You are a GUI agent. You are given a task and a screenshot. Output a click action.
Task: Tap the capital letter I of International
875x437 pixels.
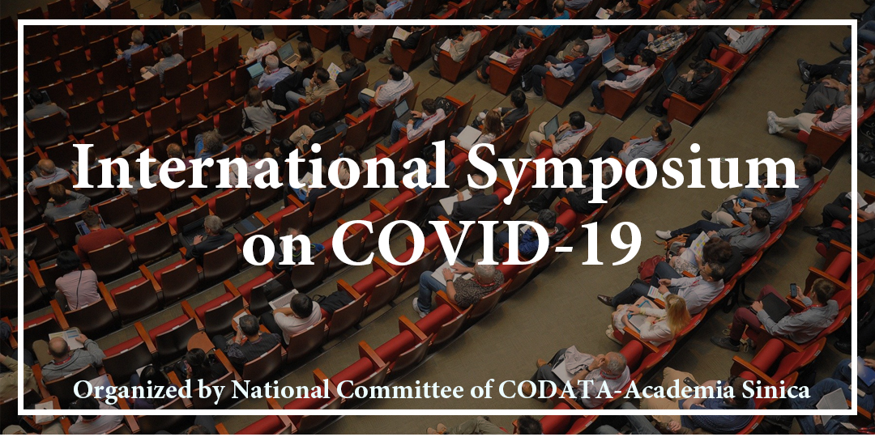(85, 166)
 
